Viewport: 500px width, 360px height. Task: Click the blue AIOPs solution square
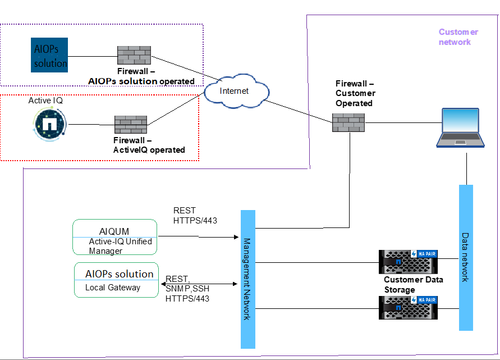coord(49,55)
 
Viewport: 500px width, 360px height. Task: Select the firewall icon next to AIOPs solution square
coord(134,55)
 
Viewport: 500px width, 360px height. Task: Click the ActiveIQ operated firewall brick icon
coord(130,124)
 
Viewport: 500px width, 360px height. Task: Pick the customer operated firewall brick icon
coord(348,122)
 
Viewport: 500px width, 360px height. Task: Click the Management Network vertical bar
coord(248,279)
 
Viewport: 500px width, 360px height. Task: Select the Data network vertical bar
coord(466,257)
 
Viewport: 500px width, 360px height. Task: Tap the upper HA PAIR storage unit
coord(408,262)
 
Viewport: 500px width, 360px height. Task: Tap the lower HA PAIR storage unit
coord(408,308)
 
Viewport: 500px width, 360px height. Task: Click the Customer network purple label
coord(458,37)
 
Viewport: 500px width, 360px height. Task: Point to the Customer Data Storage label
coord(413,285)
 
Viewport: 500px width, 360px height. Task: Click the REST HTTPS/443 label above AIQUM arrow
coord(195,216)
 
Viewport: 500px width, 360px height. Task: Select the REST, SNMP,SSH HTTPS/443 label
coord(187,289)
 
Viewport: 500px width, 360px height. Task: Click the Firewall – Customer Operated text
coord(355,93)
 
